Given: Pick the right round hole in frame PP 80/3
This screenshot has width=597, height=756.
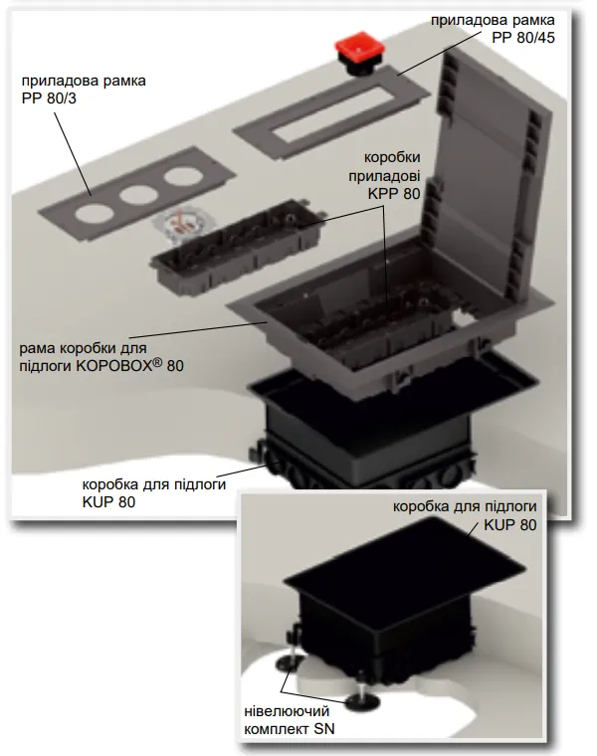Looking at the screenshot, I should pyautogui.click(x=180, y=176).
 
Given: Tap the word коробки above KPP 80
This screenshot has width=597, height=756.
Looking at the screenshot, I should pyautogui.click(x=393, y=158).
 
